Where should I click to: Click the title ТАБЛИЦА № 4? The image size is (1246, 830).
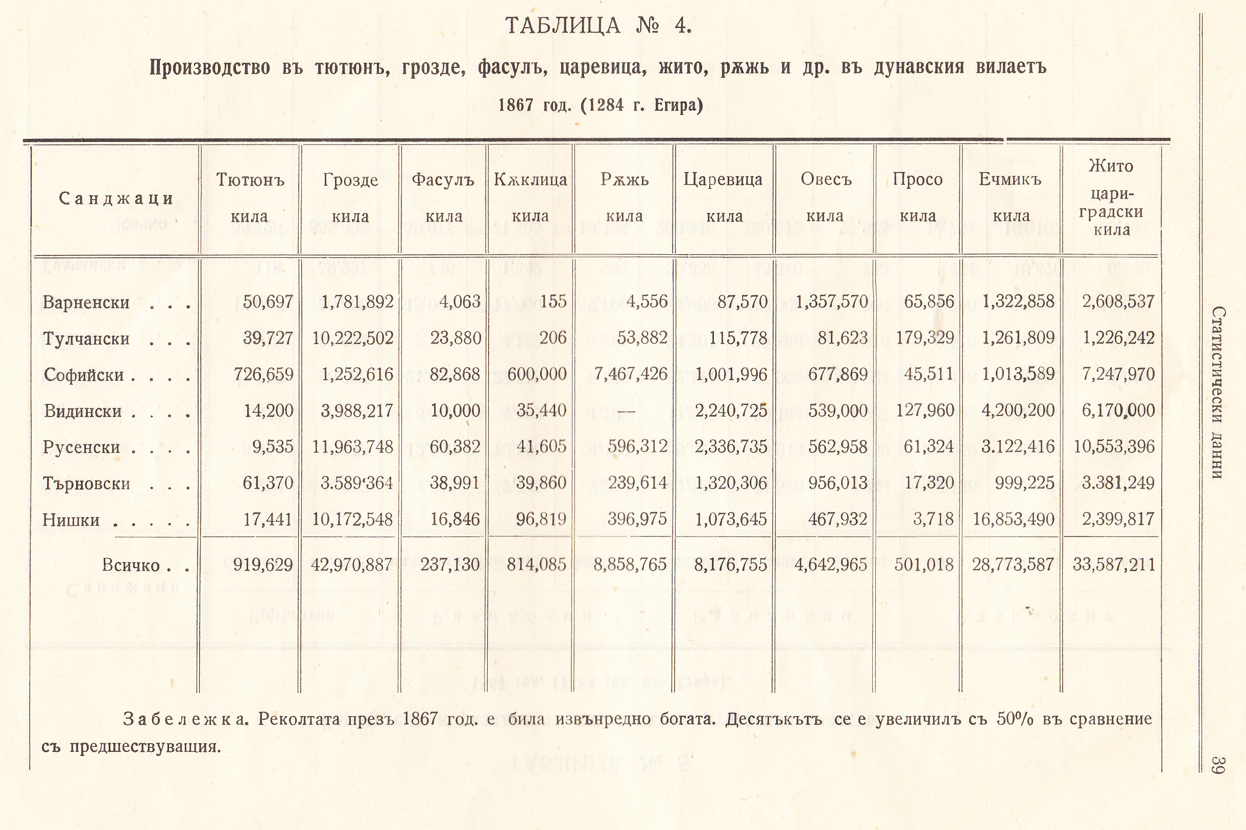click(x=599, y=26)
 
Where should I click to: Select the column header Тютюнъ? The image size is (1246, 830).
click(x=250, y=180)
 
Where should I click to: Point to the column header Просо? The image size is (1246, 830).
click(x=917, y=180)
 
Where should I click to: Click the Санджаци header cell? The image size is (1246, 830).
click(x=116, y=199)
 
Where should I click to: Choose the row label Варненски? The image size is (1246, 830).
click(x=86, y=302)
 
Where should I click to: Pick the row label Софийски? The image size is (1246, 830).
click(x=84, y=375)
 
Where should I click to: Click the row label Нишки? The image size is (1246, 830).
click(x=71, y=520)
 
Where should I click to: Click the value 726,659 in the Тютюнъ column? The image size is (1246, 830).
click(x=263, y=374)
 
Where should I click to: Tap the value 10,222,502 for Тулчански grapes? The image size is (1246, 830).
click(x=353, y=338)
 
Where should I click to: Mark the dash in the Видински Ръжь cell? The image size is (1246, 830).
click(x=626, y=411)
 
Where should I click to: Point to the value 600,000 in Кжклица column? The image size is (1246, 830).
click(x=537, y=374)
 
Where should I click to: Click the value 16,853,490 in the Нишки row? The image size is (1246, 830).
click(x=1014, y=519)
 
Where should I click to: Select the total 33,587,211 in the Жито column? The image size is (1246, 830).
click(x=1114, y=564)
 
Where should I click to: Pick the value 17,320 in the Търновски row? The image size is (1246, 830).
click(x=929, y=483)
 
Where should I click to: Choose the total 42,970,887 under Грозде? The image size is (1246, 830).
click(x=352, y=564)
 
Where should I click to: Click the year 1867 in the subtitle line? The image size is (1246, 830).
click(x=516, y=105)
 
